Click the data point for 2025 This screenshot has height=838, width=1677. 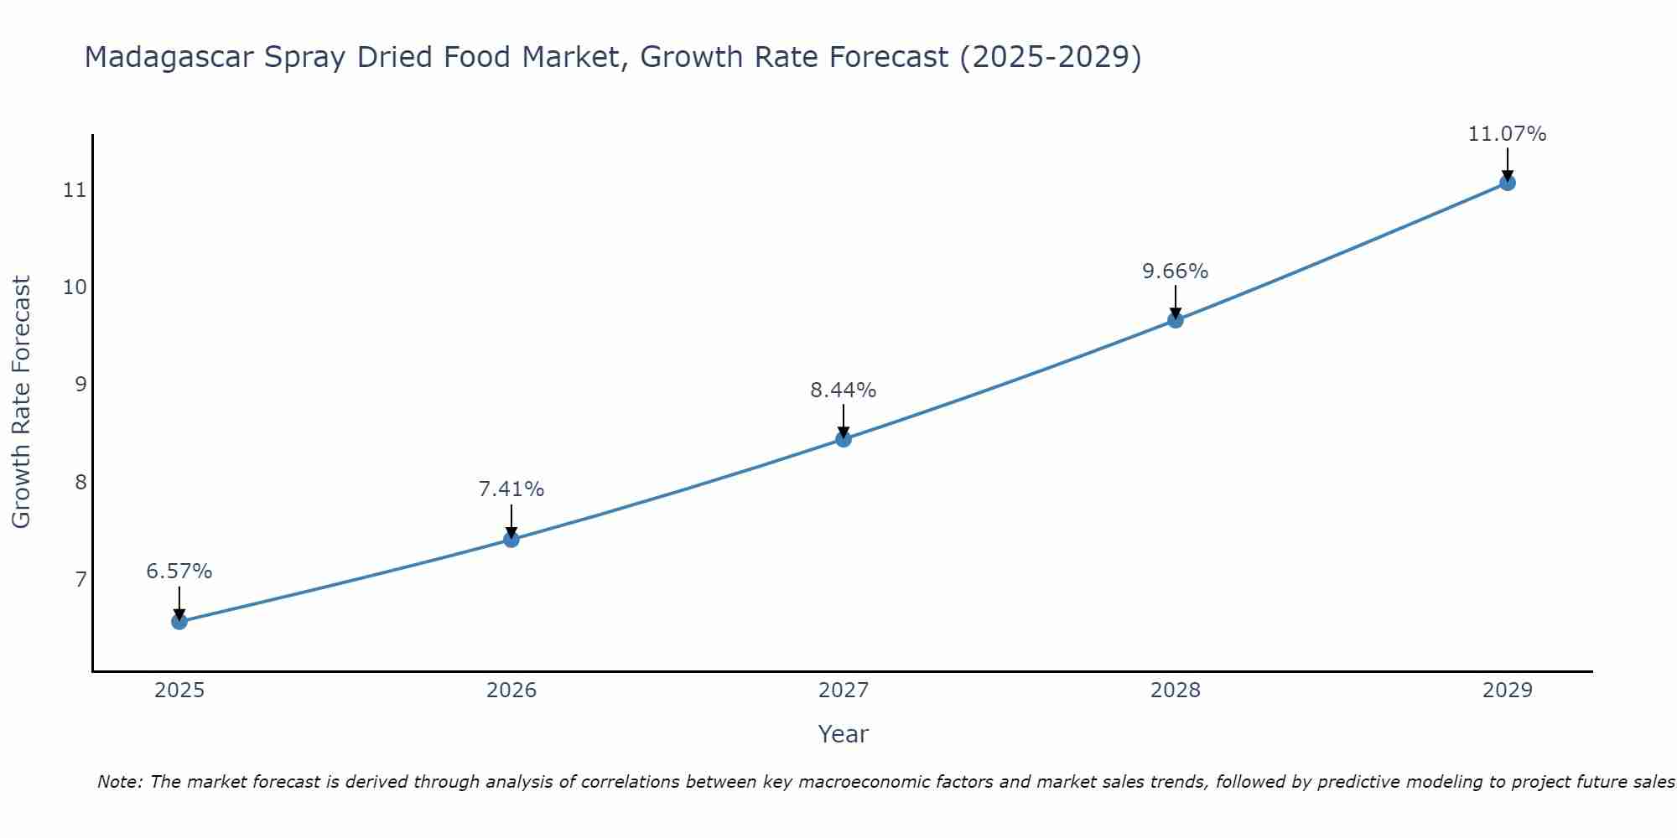click(x=179, y=622)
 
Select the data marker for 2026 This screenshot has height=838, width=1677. click(x=511, y=539)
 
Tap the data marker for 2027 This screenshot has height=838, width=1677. click(x=844, y=439)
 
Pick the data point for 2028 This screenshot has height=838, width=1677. click(x=1176, y=320)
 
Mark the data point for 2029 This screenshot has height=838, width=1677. click(x=1508, y=183)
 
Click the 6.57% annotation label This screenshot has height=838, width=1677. click(x=179, y=572)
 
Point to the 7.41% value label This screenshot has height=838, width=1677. click(x=511, y=489)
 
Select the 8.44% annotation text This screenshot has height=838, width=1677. click(x=844, y=391)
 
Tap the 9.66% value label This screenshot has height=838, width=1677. click(x=1176, y=272)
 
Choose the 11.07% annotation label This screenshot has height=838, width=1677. click(x=1508, y=134)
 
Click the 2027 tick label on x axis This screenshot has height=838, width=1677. click(x=844, y=691)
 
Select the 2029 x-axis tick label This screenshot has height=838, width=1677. click(x=1508, y=691)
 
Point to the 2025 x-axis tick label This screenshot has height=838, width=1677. click(x=179, y=691)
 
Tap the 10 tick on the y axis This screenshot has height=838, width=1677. click(x=75, y=287)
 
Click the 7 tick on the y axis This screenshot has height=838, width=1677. click(x=80, y=580)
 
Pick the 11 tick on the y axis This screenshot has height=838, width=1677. click(x=75, y=190)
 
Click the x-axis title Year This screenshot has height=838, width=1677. click(x=844, y=734)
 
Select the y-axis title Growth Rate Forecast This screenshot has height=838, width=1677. click(x=22, y=402)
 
